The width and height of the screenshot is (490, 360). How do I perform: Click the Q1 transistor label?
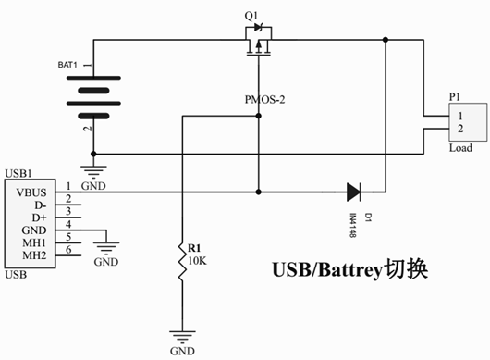[x=251, y=16]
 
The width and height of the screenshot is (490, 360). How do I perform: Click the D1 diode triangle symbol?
[x=355, y=192]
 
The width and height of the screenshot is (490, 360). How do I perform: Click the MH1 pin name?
[x=34, y=242]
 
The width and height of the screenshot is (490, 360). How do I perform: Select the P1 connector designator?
[x=453, y=95]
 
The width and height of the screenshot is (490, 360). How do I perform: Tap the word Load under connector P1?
[x=459, y=148]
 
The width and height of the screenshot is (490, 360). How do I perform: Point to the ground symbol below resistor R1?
[x=183, y=339]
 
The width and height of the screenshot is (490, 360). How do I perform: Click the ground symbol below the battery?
[x=93, y=170]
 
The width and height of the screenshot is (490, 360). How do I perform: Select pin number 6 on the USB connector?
[x=67, y=251]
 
